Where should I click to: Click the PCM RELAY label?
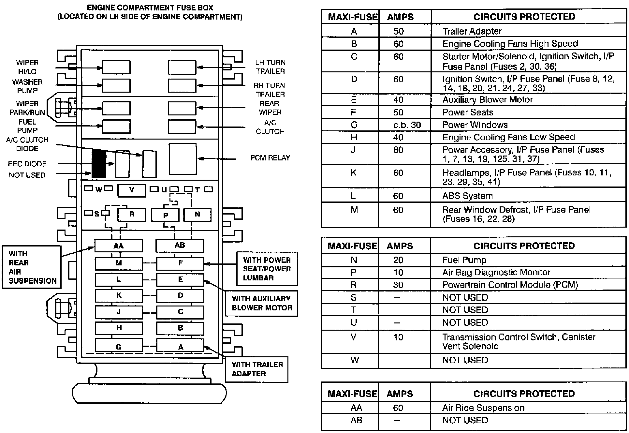coord(270,158)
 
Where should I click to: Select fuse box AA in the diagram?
coord(118,246)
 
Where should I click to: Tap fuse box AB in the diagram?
coord(180,246)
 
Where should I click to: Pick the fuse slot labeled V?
coord(131,190)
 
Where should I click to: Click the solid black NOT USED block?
coord(98,164)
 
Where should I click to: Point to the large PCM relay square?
coord(183,159)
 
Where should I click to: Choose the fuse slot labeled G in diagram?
coord(119,346)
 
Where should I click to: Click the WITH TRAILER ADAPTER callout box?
coord(256,369)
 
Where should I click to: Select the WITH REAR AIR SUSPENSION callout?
coord(32,267)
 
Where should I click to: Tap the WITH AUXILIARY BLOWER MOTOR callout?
coord(261,303)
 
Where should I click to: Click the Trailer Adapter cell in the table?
coord(472,31)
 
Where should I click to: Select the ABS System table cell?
coord(467,196)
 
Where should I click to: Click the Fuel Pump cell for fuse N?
coord(464,260)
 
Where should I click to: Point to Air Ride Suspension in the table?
coord(483,408)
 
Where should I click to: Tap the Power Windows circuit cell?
coord(475,125)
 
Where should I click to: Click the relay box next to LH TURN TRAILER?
coord(182,67)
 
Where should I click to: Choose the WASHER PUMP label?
coord(27,86)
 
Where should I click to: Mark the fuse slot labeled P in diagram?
coord(165,215)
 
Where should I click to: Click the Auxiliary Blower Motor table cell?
coord(487,100)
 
